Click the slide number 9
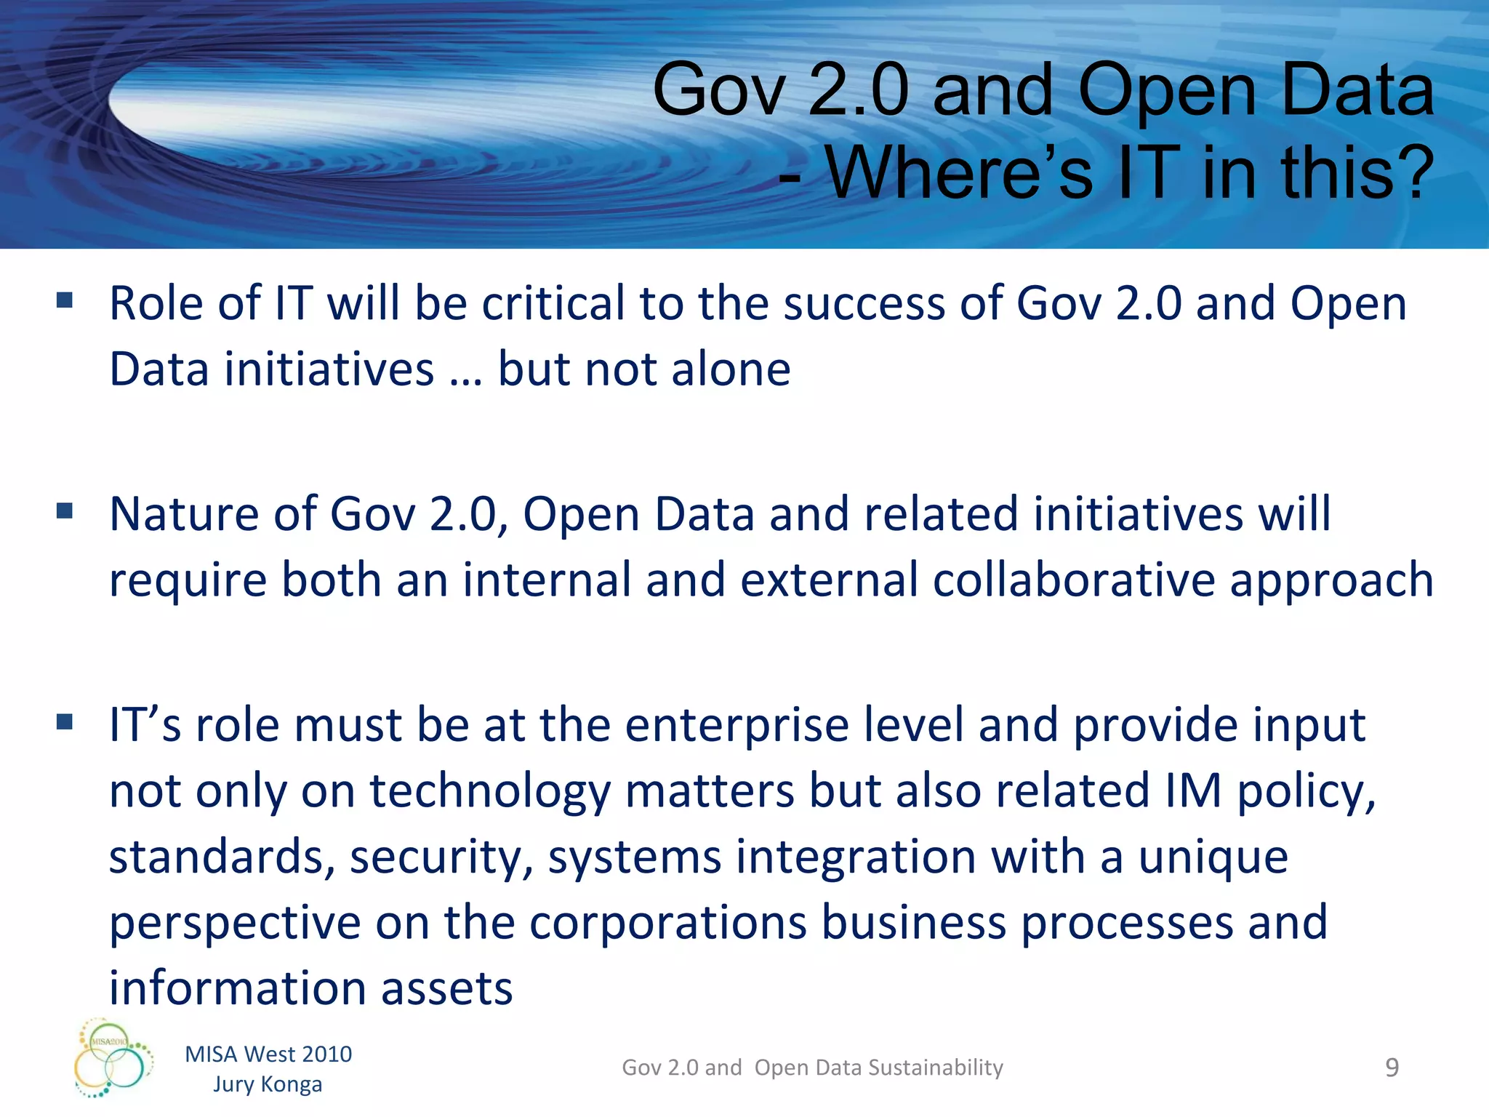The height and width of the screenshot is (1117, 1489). click(1392, 1068)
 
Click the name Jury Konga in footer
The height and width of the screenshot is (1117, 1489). click(268, 1084)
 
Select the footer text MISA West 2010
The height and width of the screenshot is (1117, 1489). click(268, 1054)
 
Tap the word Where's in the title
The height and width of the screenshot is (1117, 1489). click(958, 173)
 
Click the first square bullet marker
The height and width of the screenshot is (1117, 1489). click(65, 300)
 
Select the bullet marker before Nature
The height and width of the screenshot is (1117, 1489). click(65, 511)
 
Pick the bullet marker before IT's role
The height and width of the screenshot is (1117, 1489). click(65, 721)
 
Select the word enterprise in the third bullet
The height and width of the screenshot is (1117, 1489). click(737, 726)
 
